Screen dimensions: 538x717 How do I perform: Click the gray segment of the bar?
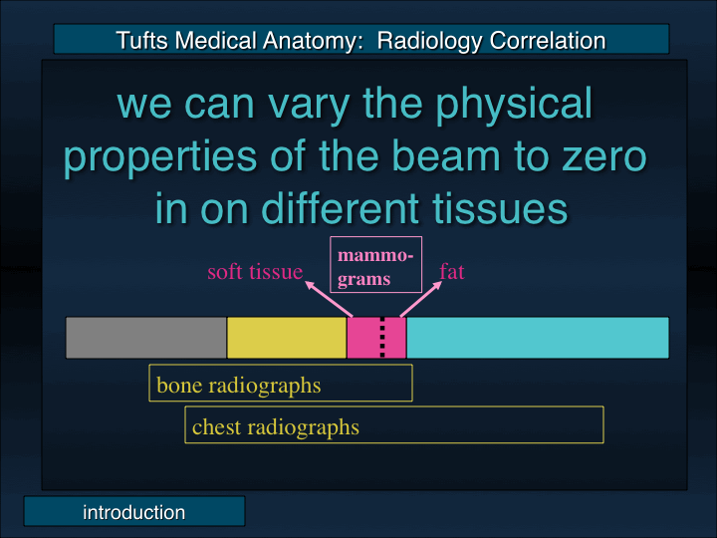(x=146, y=338)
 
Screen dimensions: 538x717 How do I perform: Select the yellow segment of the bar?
(x=287, y=338)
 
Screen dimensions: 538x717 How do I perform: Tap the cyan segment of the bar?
(x=538, y=338)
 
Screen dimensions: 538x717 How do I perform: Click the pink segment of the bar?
(x=363, y=338)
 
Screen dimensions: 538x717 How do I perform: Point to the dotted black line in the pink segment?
(x=382, y=338)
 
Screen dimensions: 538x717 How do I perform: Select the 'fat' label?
(x=451, y=271)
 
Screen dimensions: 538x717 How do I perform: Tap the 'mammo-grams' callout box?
(x=376, y=264)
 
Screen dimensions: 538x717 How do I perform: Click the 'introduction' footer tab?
(x=134, y=512)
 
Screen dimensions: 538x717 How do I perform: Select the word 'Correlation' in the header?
(x=547, y=41)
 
